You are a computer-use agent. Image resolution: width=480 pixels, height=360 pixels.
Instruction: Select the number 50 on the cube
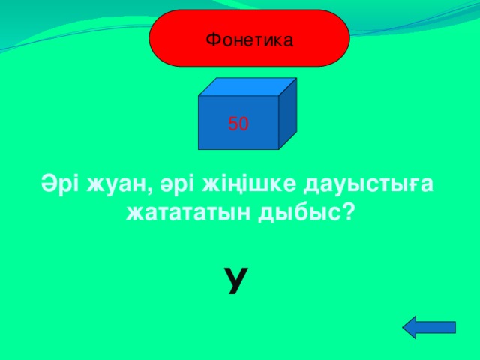pos(238,124)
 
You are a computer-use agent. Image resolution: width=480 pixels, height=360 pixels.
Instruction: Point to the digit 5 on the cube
pos(233,124)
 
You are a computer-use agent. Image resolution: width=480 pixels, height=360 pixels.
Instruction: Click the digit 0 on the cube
pos(244,124)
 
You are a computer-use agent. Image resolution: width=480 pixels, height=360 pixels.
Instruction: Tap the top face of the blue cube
pos(247,87)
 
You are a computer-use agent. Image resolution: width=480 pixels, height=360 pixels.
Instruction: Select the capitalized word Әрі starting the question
pos(58,184)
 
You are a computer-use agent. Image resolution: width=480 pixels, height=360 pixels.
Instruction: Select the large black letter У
pos(235,280)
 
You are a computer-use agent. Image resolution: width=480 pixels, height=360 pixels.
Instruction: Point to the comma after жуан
pos(145,191)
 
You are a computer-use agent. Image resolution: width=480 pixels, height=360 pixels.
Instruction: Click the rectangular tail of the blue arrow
pos(441,329)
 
